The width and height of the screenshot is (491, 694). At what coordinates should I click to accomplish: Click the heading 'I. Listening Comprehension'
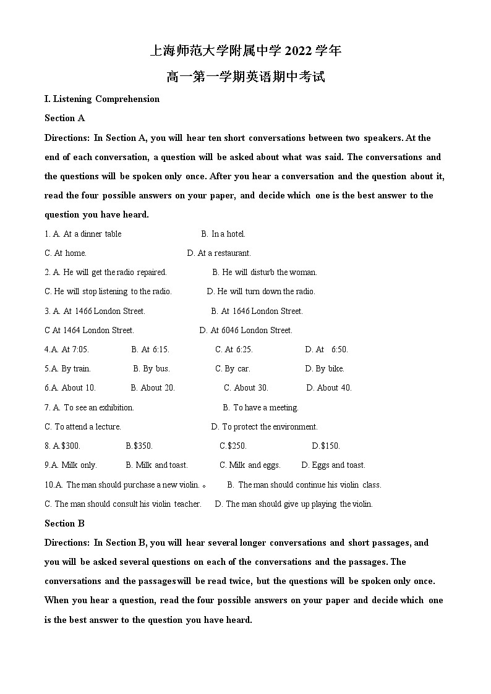coord(102,99)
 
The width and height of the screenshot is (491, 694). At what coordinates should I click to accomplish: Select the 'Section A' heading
coord(64,118)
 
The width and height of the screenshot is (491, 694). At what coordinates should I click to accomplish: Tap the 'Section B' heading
coord(64,523)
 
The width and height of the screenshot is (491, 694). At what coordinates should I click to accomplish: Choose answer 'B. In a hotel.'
coord(223,234)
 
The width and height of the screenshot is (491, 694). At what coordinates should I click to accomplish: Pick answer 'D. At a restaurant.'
coord(219,253)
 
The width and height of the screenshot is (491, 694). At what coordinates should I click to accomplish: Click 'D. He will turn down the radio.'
coord(261,291)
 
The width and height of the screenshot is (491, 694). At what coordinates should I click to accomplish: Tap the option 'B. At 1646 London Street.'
coord(257,311)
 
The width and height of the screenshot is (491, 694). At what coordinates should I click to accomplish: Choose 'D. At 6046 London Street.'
coord(246,330)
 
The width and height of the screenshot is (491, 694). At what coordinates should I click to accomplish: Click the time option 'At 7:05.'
coord(75,349)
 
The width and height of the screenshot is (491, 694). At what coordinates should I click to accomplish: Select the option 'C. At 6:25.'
coord(234,349)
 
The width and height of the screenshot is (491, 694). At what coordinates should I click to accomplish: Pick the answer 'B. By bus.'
coord(151,368)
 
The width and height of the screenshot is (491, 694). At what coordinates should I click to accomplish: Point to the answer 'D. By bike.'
coord(325,368)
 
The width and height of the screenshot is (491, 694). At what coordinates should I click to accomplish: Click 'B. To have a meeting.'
coord(260,407)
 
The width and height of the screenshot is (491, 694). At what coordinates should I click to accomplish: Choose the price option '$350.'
coord(143,446)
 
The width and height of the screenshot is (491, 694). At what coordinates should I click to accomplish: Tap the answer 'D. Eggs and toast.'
coord(333,465)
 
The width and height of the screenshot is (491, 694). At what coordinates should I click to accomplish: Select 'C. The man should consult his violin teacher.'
coord(123,504)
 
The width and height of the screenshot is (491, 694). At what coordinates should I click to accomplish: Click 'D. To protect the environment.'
coord(265,426)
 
